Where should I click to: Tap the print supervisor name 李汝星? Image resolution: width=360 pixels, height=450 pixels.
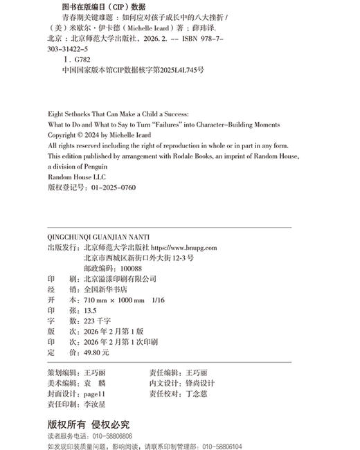click(91, 404)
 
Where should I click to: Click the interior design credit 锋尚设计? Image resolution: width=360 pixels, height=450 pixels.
click(201, 383)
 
